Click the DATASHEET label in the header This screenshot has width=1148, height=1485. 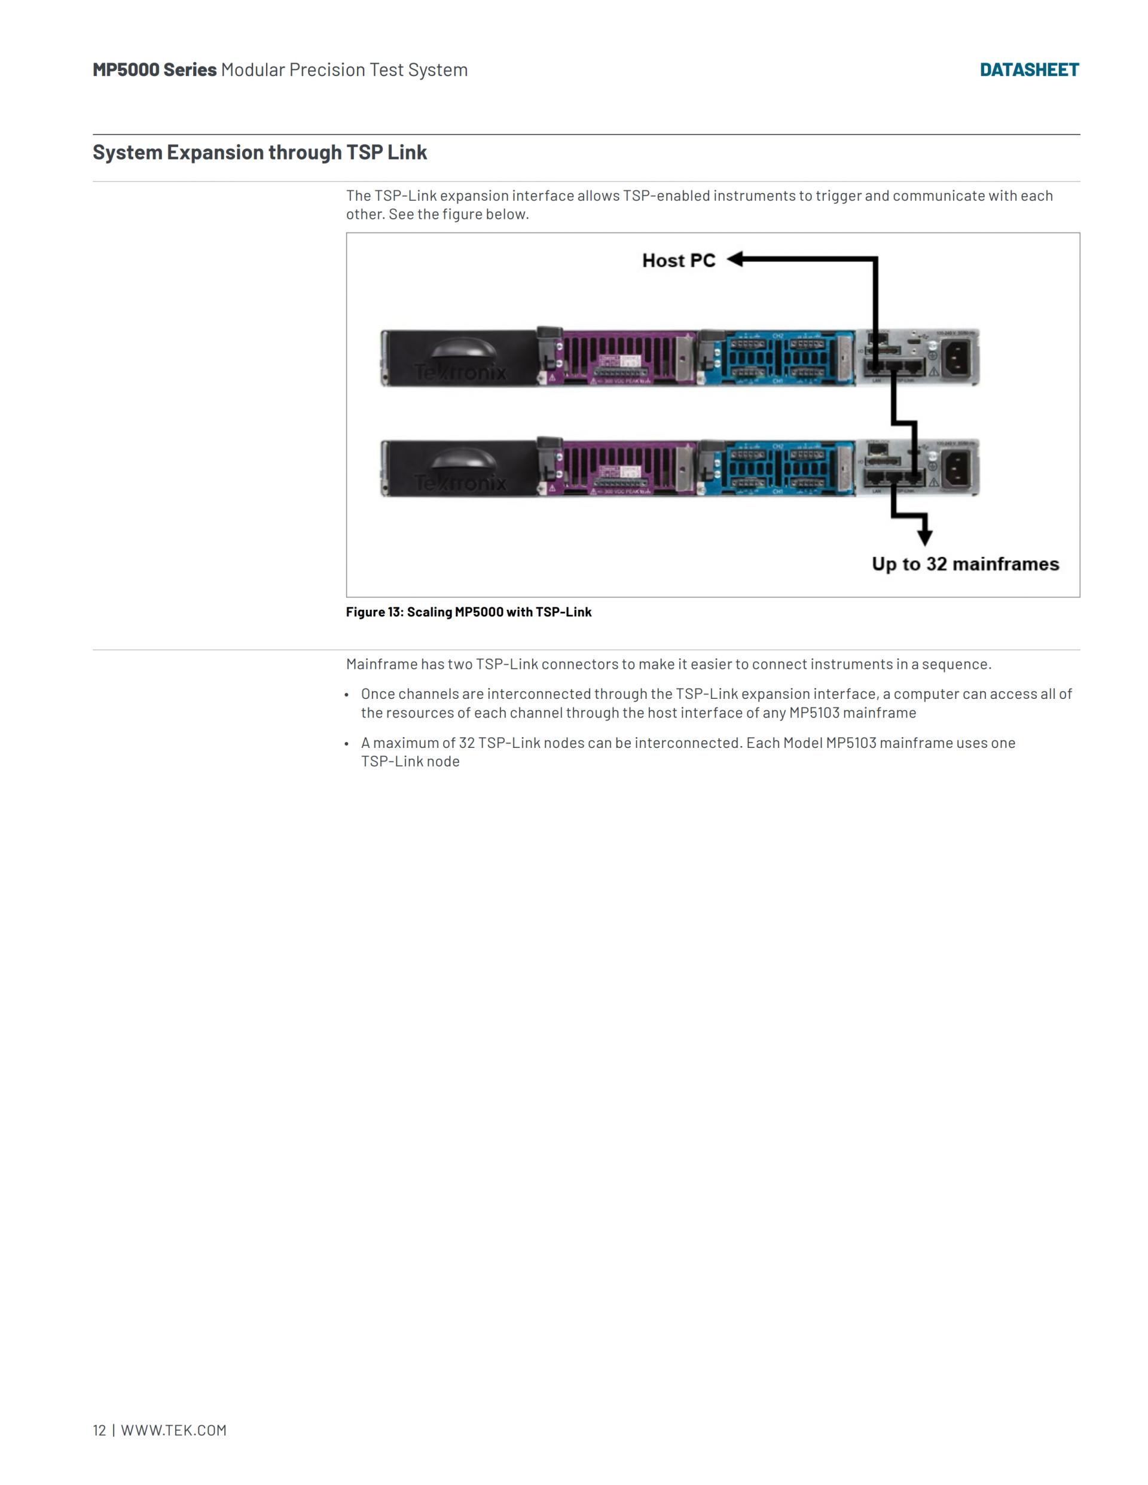click(1028, 70)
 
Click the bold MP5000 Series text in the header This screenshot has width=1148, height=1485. click(154, 70)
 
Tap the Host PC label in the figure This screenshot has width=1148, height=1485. click(678, 261)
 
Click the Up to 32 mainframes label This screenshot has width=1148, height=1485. click(965, 564)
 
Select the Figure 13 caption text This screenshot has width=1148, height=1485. click(469, 612)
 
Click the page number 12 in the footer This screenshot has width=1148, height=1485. click(99, 1430)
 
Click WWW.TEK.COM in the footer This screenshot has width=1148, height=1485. click(173, 1430)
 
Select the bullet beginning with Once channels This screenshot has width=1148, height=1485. click(716, 703)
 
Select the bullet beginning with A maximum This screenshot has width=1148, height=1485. click(687, 752)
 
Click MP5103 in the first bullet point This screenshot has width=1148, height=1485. click(813, 713)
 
